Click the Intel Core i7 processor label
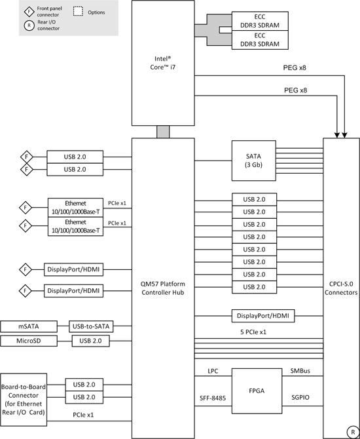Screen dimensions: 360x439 163,63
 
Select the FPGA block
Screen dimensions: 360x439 257,391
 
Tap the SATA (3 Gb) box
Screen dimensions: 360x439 254,161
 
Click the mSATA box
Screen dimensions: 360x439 29,326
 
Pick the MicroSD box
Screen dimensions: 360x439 29,341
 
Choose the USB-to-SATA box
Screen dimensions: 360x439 91,326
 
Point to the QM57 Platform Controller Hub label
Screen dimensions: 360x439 163,288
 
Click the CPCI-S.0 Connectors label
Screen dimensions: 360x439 341,288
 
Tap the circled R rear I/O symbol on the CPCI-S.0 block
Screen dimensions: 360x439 352,432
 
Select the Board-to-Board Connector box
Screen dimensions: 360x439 24,400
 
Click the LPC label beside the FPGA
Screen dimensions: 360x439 213,372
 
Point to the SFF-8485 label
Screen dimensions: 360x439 213,398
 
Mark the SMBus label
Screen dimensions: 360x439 300,371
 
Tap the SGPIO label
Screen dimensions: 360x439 300,397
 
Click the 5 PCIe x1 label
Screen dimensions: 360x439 253,332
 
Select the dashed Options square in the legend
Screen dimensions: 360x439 78,11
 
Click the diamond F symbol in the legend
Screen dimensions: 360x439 29,12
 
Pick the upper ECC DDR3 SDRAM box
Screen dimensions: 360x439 260,21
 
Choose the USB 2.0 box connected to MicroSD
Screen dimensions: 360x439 90,341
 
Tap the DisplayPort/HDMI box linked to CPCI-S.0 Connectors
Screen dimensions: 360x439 263,316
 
